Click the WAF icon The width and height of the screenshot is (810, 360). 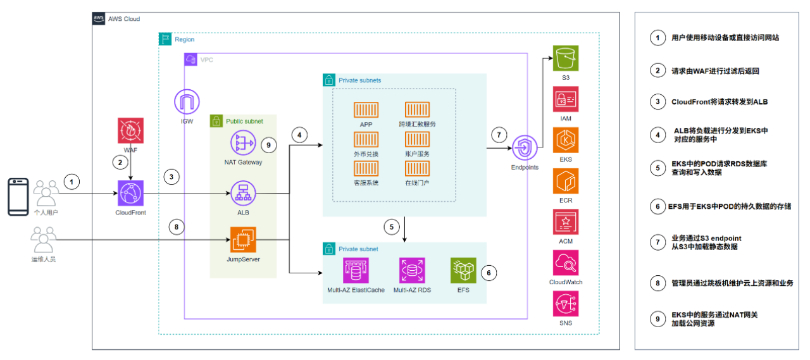[x=130, y=130]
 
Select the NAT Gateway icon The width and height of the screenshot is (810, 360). [x=243, y=144]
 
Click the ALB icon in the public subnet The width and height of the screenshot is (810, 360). [x=243, y=193]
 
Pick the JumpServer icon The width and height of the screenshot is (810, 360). [x=243, y=242]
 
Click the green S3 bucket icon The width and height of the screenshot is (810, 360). [x=565, y=58]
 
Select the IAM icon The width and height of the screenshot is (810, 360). [x=565, y=99]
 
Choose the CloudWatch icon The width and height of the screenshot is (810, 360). [x=565, y=263]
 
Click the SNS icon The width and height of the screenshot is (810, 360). [x=565, y=304]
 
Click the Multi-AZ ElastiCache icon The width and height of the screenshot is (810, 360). [x=355, y=270]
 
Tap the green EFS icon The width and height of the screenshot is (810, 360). [x=463, y=270]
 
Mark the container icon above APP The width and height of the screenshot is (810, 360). [x=366, y=110]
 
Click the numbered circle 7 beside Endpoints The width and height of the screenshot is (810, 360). [x=499, y=134]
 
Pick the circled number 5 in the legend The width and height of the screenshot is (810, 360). [x=657, y=168]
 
